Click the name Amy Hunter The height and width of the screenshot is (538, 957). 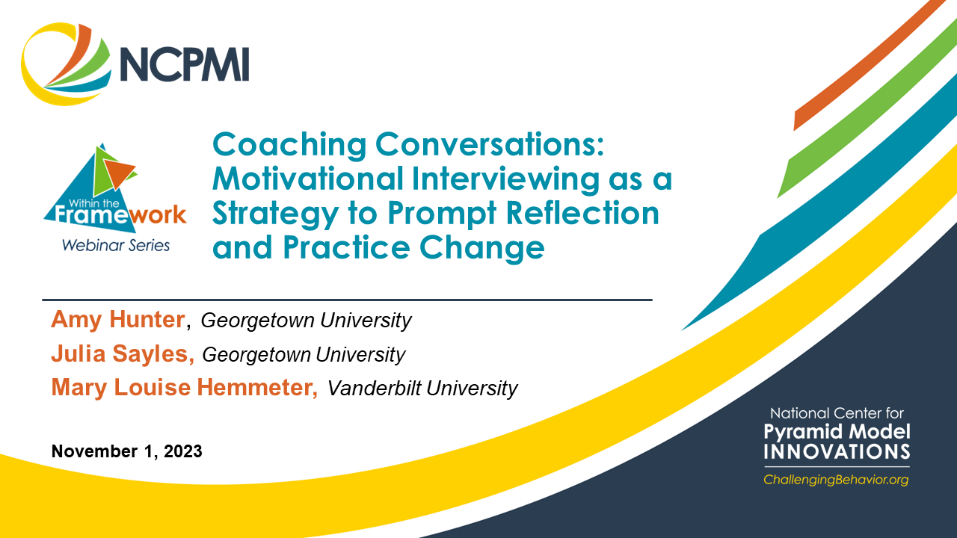coord(118,320)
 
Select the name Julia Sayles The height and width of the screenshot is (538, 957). coord(123,353)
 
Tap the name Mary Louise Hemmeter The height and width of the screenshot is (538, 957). coord(184,387)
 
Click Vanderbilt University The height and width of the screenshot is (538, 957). coord(422,389)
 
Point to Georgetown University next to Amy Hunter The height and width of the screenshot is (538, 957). coord(307,321)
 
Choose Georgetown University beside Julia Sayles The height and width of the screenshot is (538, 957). coord(304,354)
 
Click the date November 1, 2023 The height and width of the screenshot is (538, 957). coord(126,451)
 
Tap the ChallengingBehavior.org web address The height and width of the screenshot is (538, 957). coord(836,480)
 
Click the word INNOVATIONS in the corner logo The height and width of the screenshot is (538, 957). coord(837,451)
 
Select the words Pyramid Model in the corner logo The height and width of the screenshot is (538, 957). coord(837,431)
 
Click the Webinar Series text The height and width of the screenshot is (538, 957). coord(116,244)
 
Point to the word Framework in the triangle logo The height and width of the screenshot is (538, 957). coord(114,215)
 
